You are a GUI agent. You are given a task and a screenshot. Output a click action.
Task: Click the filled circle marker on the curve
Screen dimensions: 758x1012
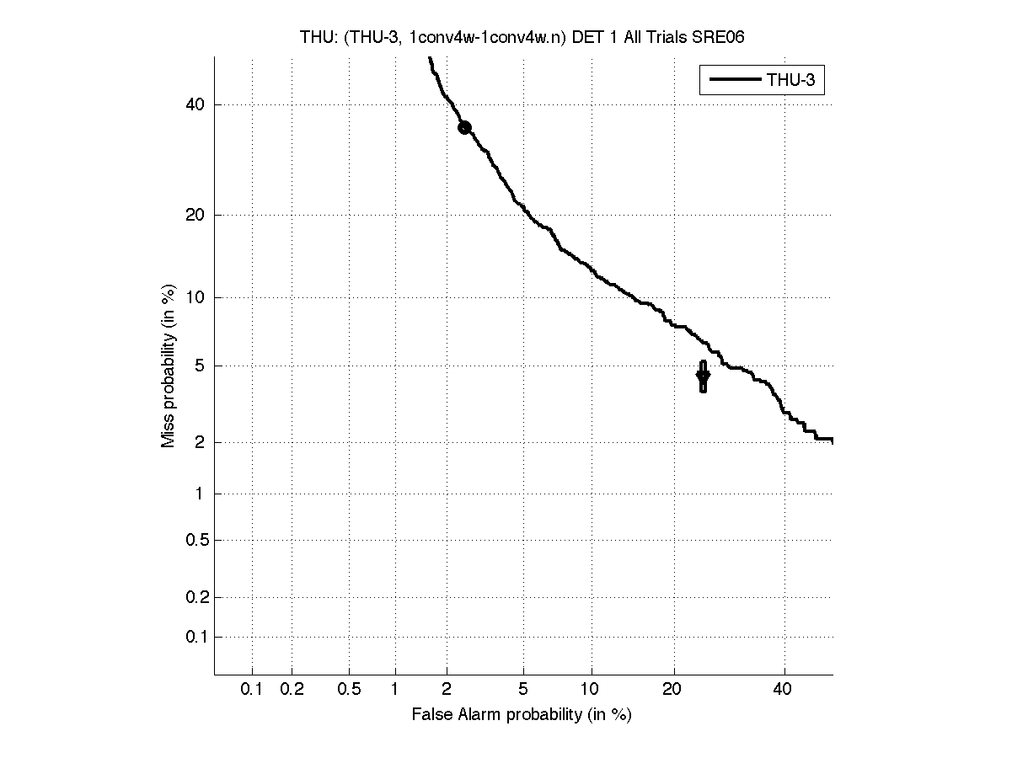click(x=464, y=127)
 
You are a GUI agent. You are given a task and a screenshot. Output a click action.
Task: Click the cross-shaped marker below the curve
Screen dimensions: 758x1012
click(x=703, y=376)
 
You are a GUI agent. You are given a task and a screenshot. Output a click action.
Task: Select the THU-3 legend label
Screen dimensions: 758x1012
click(x=795, y=81)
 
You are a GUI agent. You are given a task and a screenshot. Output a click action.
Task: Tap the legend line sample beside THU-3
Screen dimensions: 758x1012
click(x=735, y=81)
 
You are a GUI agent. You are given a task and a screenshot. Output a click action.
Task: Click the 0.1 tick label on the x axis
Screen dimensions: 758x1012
click(x=252, y=689)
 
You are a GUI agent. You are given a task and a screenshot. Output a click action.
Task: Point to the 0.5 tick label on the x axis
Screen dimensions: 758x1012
click(x=349, y=689)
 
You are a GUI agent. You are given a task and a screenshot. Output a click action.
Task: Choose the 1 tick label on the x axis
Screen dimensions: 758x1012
click(x=395, y=689)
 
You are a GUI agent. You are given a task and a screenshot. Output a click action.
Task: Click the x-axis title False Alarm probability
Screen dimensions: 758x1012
click(x=522, y=715)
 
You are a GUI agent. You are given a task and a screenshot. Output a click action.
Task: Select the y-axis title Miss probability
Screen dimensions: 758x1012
click(x=169, y=365)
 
